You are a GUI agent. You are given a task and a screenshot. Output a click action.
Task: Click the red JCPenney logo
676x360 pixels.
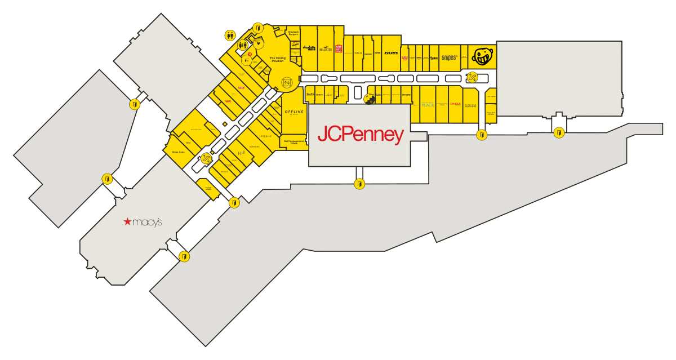[361, 135]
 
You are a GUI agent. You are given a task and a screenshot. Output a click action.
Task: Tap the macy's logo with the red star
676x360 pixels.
[143, 222]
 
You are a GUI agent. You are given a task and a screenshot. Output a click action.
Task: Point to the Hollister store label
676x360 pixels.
[326, 49]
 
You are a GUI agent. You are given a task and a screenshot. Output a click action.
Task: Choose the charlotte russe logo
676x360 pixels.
[308, 48]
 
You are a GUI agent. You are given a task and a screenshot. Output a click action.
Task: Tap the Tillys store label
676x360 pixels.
[391, 53]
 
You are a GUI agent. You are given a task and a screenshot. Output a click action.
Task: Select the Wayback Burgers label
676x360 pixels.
[293, 33]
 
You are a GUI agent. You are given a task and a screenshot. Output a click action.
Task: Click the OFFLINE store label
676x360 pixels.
[294, 113]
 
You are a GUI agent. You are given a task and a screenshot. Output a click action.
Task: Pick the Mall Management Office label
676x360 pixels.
[293, 142]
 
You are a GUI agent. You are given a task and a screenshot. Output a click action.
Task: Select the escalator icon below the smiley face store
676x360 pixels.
[473, 77]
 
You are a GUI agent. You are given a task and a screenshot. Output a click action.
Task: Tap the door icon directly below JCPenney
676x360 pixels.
[359, 184]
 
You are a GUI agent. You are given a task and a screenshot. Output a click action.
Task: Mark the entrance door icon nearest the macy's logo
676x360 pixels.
[183, 256]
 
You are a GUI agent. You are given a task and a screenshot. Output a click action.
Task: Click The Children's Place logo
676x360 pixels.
[428, 104]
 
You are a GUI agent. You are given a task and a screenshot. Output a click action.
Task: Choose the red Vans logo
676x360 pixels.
[228, 101]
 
